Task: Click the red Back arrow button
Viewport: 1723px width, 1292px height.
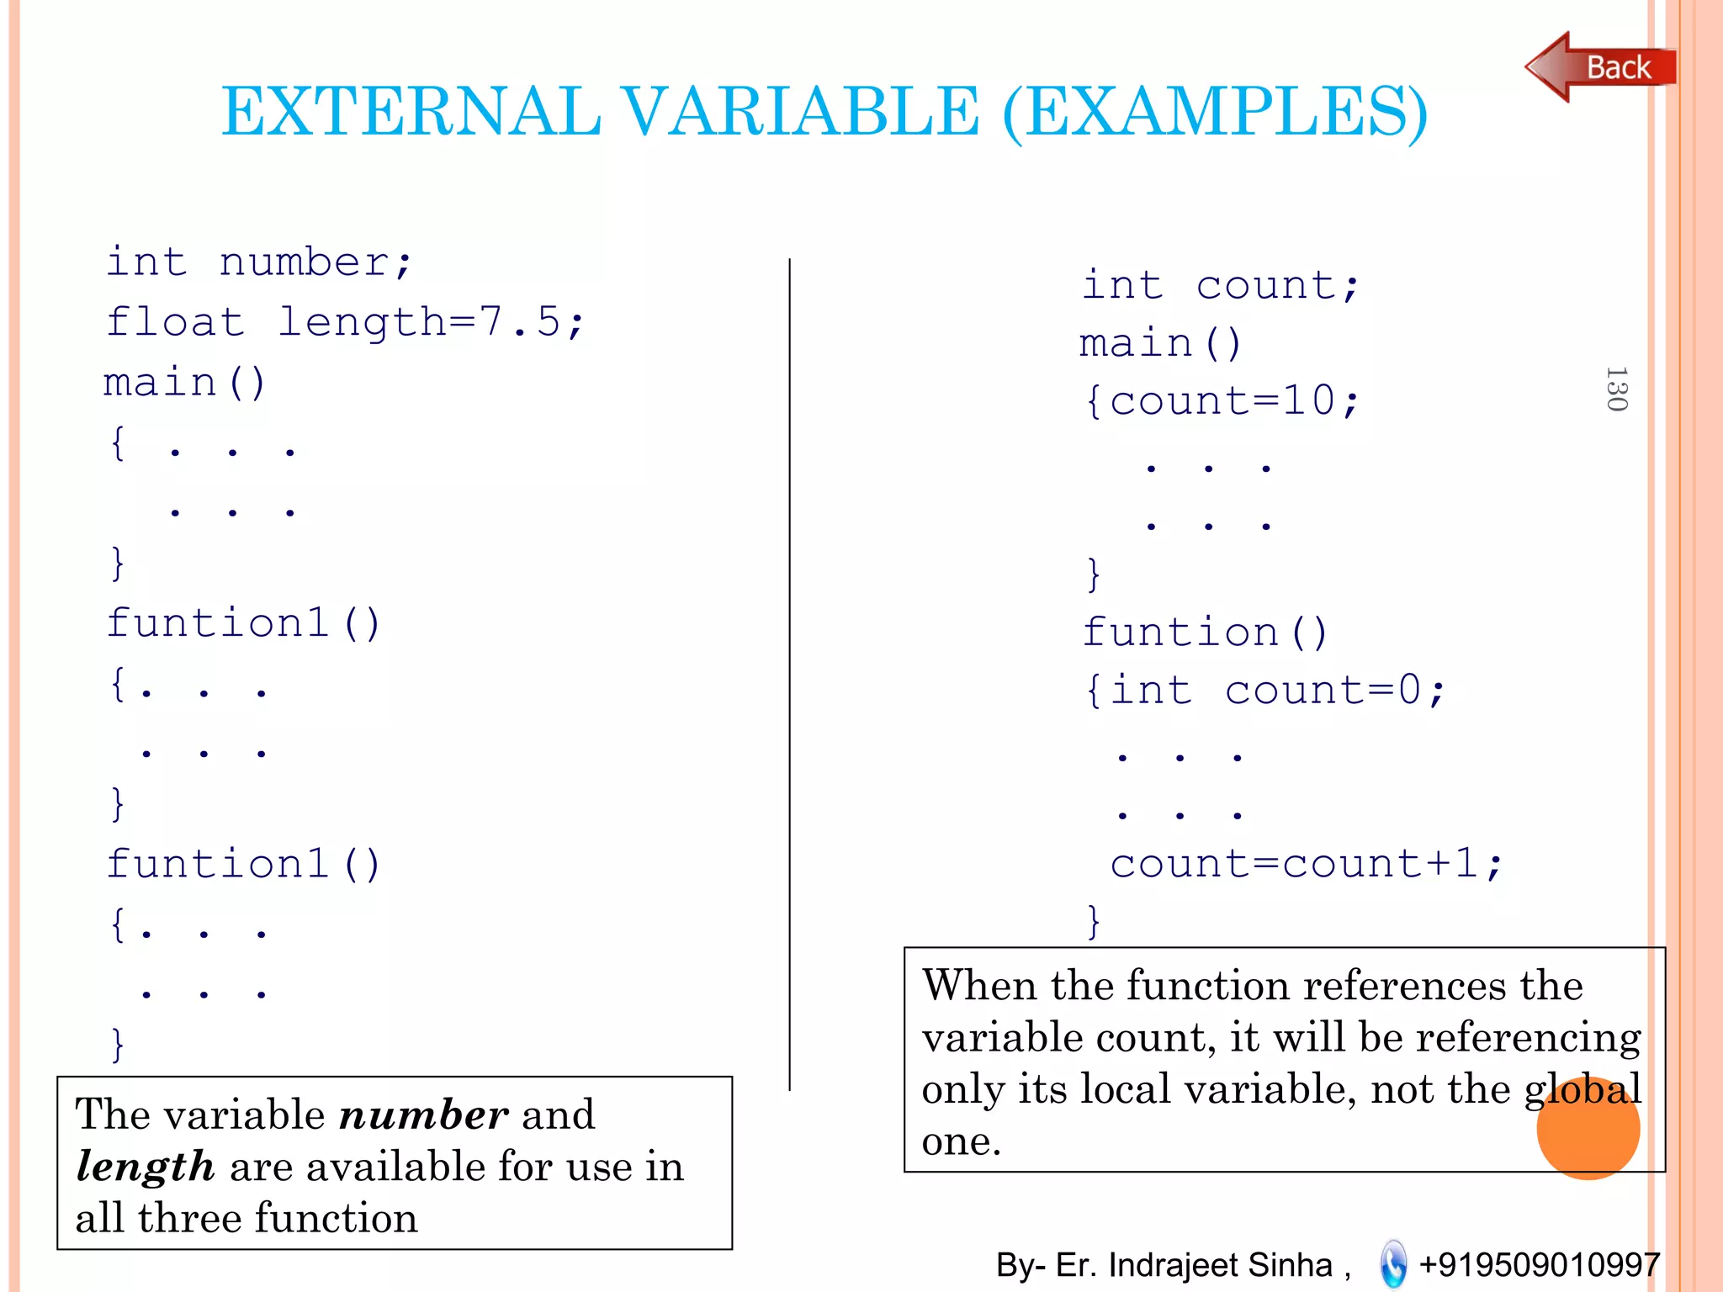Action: tap(1598, 67)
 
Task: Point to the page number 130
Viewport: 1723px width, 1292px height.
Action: tap(1616, 389)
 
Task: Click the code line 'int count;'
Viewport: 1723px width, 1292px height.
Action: tap(1220, 285)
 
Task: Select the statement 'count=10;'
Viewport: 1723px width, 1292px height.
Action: tap(1233, 400)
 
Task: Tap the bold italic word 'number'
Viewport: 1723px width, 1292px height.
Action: tap(423, 1115)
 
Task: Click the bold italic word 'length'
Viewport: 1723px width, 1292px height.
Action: tap(145, 1168)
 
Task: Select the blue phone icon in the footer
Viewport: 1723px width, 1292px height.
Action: tap(1393, 1264)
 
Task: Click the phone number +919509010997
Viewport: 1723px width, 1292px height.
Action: tap(1539, 1264)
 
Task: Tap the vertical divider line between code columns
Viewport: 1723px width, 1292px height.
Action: tap(789, 673)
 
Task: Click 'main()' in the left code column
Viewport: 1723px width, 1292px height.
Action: tap(184, 384)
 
